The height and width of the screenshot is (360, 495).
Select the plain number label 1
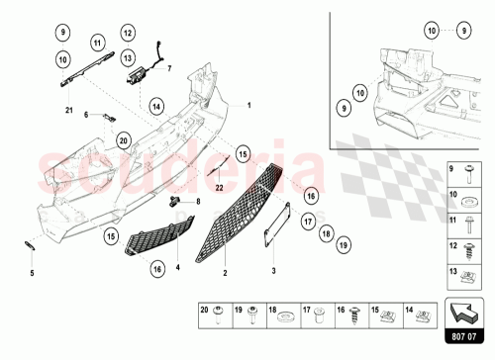(x=249, y=105)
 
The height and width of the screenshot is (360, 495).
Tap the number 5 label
(x=31, y=272)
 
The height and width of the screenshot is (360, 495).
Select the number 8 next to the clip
(x=197, y=202)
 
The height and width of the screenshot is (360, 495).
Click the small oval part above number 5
(x=31, y=244)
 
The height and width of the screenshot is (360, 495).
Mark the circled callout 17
(x=308, y=221)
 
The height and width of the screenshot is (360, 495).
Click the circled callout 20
(x=123, y=141)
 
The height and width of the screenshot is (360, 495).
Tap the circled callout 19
(x=343, y=243)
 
